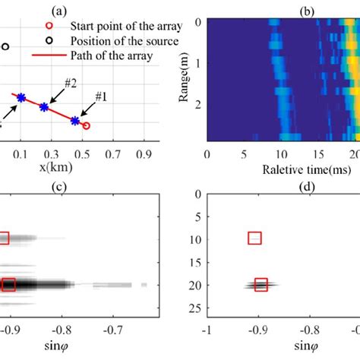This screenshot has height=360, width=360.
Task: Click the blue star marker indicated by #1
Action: click(74, 120)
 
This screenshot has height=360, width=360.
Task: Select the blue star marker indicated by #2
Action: click(44, 107)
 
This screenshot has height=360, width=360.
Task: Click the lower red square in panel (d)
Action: click(261, 285)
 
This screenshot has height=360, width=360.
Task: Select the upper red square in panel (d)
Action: click(254, 238)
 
